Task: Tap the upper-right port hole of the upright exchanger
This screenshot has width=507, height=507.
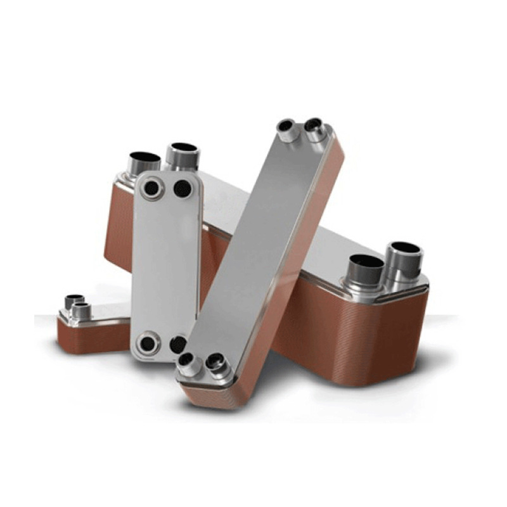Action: coord(183,188)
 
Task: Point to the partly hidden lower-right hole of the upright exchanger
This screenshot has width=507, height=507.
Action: coord(177,344)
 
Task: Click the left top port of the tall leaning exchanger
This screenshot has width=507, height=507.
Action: coord(287,126)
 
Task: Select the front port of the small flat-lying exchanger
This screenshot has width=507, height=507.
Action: coord(81,310)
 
